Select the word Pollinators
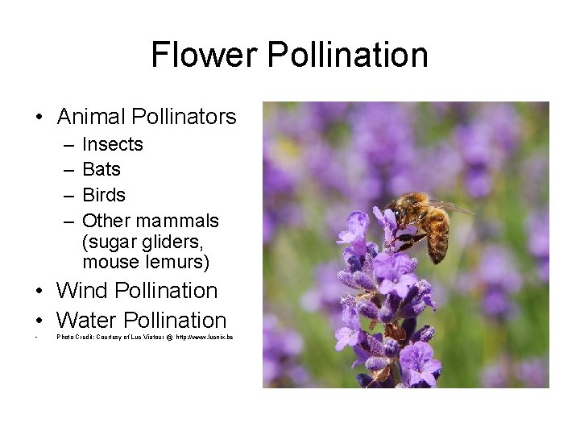184,117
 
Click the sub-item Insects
113,144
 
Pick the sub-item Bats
101,169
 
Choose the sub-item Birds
104,195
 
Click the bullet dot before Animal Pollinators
39,118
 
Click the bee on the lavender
423,222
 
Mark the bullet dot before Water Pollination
39,320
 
